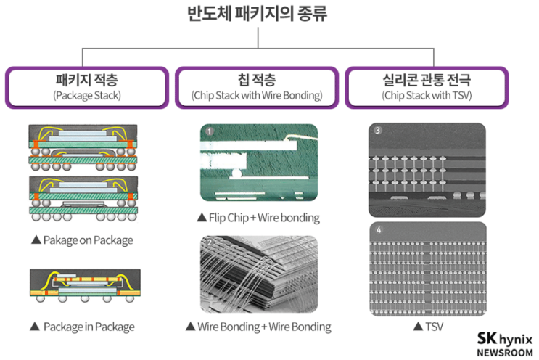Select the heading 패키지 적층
pyautogui.click(x=86, y=80)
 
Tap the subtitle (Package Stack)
pyautogui.click(x=86, y=95)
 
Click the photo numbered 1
pyautogui.click(x=259, y=163)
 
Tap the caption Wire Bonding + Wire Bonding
pyautogui.click(x=258, y=327)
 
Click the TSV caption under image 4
pyautogui.click(x=427, y=327)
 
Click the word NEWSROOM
pyautogui.click(x=505, y=351)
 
